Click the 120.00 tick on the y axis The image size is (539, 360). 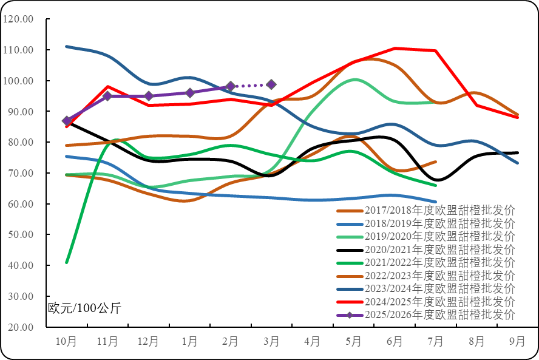click(18, 19)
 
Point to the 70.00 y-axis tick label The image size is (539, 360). click(19, 173)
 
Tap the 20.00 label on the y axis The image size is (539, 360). click(19, 327)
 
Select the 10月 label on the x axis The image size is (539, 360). click(66, 342)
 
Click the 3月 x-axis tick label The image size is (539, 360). click(271, 342)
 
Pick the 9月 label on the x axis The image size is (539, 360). click(517, 342)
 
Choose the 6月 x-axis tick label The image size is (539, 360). click(395, 342)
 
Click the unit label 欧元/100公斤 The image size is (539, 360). click(85, 308)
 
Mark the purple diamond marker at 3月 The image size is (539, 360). click(271, 84)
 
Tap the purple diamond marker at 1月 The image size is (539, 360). click(189, 93)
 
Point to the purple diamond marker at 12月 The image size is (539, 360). click(148, 96)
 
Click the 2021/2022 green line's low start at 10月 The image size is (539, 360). click(66, 262)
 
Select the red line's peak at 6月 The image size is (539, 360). click(395, 48)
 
